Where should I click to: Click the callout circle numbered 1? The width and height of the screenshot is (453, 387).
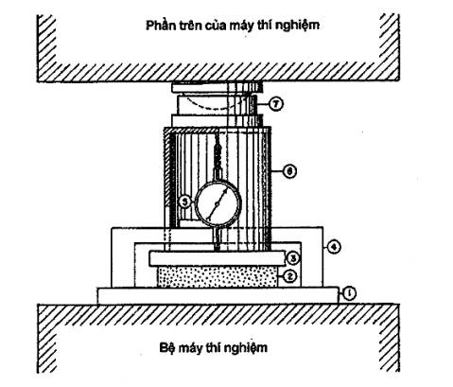click(348, 293)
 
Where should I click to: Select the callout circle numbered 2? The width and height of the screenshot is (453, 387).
click(290, 276)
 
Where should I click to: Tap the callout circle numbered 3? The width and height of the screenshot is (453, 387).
click(292, 258)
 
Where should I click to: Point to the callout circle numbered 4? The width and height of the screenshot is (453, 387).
click(334, 247)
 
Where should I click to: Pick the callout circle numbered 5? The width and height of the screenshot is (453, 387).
click(185, 202)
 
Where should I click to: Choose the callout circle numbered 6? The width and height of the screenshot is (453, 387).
click(289, 171)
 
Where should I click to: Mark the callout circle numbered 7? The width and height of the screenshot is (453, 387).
click(276, 104)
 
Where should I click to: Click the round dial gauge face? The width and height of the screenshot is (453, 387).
click(218, 203)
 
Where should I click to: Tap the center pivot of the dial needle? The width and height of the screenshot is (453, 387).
click(217, 204)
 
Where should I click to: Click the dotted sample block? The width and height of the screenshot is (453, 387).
click(218, 276)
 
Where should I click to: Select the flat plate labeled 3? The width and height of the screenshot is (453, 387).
click(218, 258)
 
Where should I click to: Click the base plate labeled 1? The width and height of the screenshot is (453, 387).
click(218, 295)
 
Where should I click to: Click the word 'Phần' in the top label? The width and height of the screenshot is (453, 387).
click(159, 26)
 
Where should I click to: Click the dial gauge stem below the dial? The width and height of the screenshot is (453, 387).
click(218, 238)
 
